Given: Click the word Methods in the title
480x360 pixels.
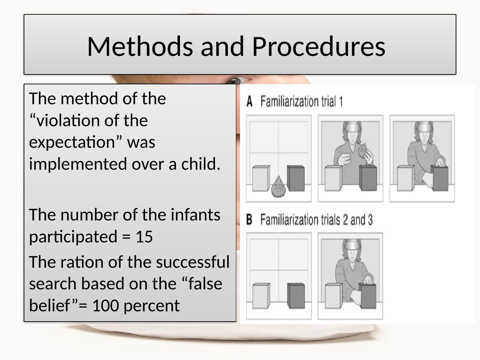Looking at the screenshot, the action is coord(140,46).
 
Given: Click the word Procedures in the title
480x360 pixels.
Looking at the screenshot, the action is coord(319,46).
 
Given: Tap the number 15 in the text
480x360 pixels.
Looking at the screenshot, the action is coord(144,237).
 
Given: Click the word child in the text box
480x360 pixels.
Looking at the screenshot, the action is coord(201,164).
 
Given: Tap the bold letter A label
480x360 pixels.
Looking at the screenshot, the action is coord(250,101).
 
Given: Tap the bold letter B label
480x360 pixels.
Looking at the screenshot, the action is coord(249,219).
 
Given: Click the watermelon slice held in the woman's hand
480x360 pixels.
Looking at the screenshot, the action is coord(363,150).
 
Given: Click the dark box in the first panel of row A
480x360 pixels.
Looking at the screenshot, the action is coord(296,178).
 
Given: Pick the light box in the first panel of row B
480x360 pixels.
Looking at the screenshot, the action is coord(261,296).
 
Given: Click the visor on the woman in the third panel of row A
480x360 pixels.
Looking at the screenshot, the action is coord(424,127).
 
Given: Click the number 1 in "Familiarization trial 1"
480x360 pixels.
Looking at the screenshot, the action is coord(341,101).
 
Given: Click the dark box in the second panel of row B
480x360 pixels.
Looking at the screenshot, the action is coord(368,296).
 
